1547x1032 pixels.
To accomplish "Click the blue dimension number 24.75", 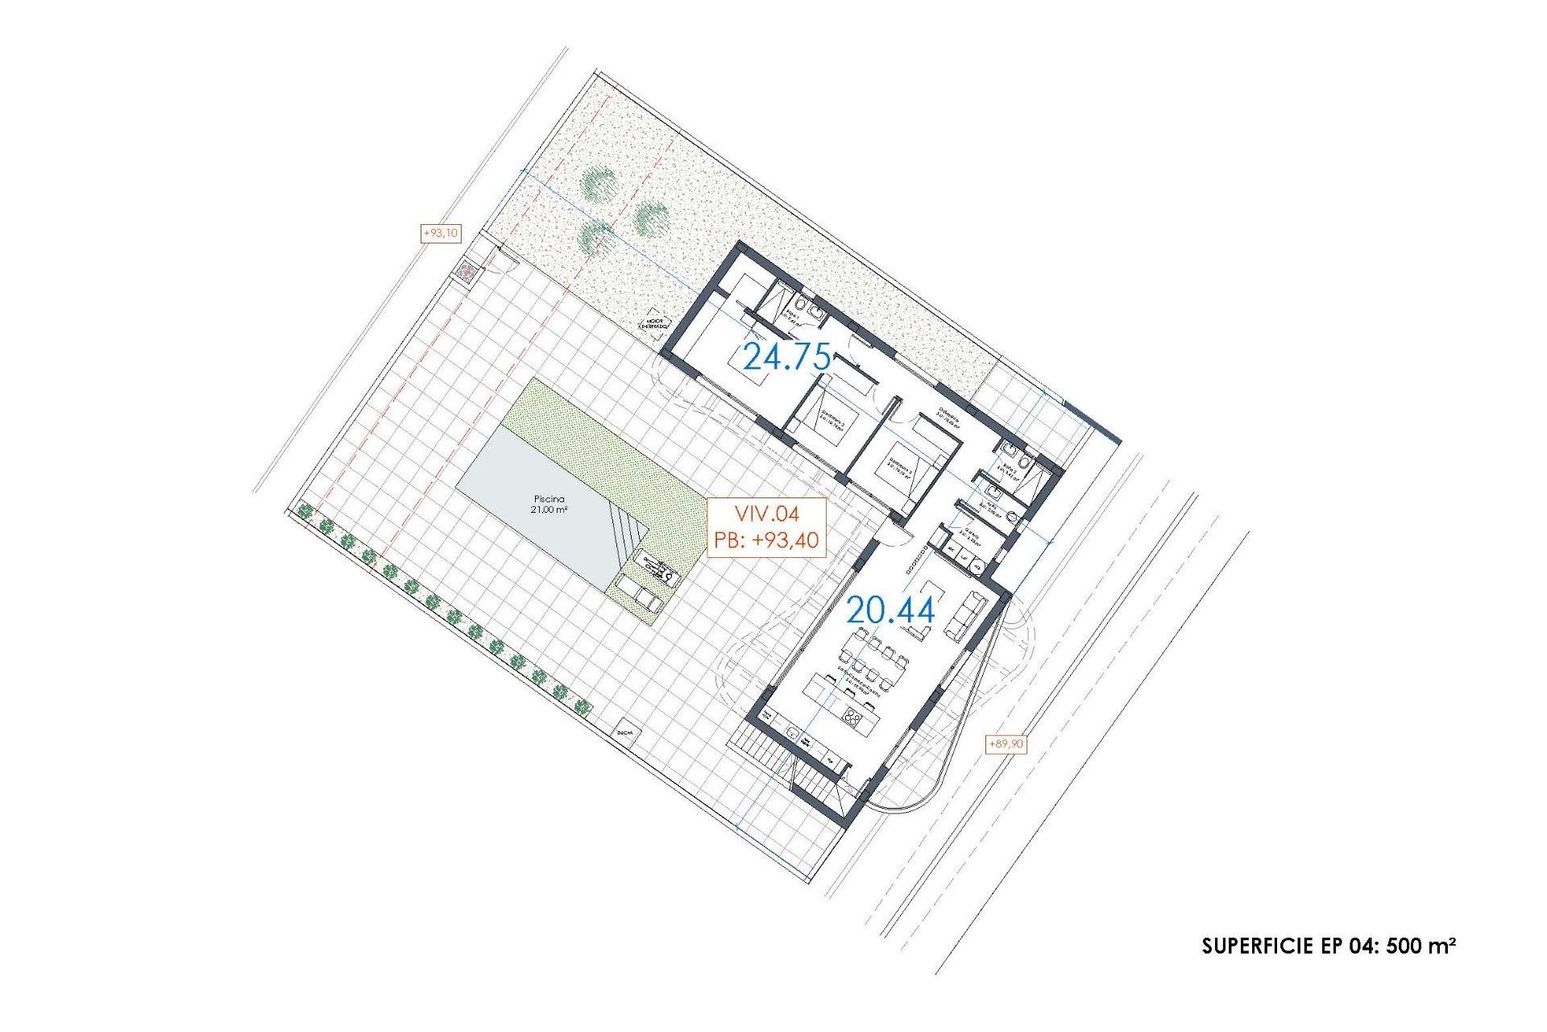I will pos(786,356).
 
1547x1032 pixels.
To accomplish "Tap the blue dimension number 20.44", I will pos(890,611).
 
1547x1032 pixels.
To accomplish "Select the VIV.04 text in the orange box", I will pos(766,513).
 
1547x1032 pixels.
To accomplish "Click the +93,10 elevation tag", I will pos(441,234).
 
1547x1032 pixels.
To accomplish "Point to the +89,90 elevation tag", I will pos(1006,743).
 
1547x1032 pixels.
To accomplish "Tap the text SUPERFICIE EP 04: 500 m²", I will pos(1328,945).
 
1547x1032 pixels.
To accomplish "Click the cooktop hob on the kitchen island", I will pos(853,716).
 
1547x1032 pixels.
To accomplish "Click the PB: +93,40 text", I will pos(766,539).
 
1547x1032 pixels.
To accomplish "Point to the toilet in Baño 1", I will pos(816,310).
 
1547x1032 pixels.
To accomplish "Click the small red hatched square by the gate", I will pos(466,272).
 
